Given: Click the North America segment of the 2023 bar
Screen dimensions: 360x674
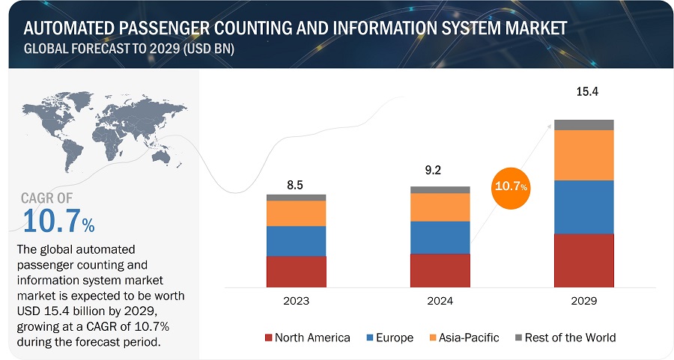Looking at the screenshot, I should pos(297,271).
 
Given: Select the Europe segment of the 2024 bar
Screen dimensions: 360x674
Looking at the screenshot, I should pos(440,237).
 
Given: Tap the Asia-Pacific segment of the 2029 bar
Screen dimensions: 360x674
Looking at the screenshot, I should pos(584,155).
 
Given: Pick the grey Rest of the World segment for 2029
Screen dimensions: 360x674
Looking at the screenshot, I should pos(584,124).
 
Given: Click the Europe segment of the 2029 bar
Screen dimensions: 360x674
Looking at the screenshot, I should pos(584,207).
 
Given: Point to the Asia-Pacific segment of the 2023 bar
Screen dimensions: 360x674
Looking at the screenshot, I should pos(297,213).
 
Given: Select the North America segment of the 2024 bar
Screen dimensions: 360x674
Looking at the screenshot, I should pos(440,269).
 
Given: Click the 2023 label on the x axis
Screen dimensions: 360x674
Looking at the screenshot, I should pos(297,302).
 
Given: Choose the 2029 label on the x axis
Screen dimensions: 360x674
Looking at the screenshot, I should pos(584,302).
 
